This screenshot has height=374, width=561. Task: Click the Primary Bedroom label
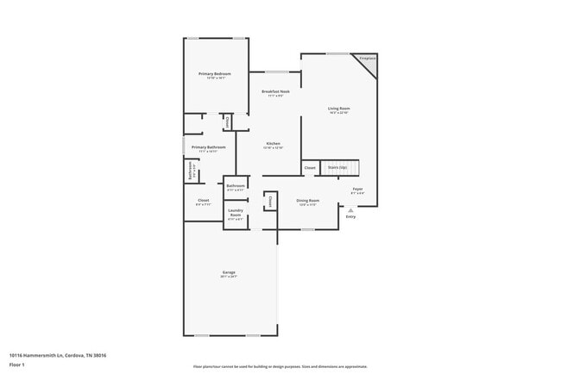pos(215,74)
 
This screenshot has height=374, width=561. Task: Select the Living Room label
pos(338,108)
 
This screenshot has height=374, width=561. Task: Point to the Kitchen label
pos(273,143)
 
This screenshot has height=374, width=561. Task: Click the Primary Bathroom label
pos(208,147)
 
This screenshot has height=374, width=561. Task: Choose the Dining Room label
pos(308,201)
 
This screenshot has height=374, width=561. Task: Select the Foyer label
pos(357,189)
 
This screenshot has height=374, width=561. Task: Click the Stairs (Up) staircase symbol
pos(341,167)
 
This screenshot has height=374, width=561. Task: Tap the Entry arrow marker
pos(350,209)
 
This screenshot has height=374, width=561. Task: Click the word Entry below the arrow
pos(350,216)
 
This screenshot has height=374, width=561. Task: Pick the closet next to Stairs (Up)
pos(310,167)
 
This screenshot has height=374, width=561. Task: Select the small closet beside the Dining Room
pos(269,202)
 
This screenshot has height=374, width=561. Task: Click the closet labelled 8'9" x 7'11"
pos(203,202)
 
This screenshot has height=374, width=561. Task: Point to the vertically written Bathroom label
pos(191,170)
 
